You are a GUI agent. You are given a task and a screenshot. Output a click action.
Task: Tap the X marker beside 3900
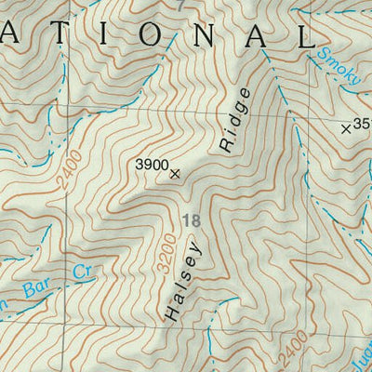[175, 172]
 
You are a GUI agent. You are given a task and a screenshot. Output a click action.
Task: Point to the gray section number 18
[193, 220]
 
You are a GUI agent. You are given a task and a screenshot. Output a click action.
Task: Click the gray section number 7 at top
[179, 6]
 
